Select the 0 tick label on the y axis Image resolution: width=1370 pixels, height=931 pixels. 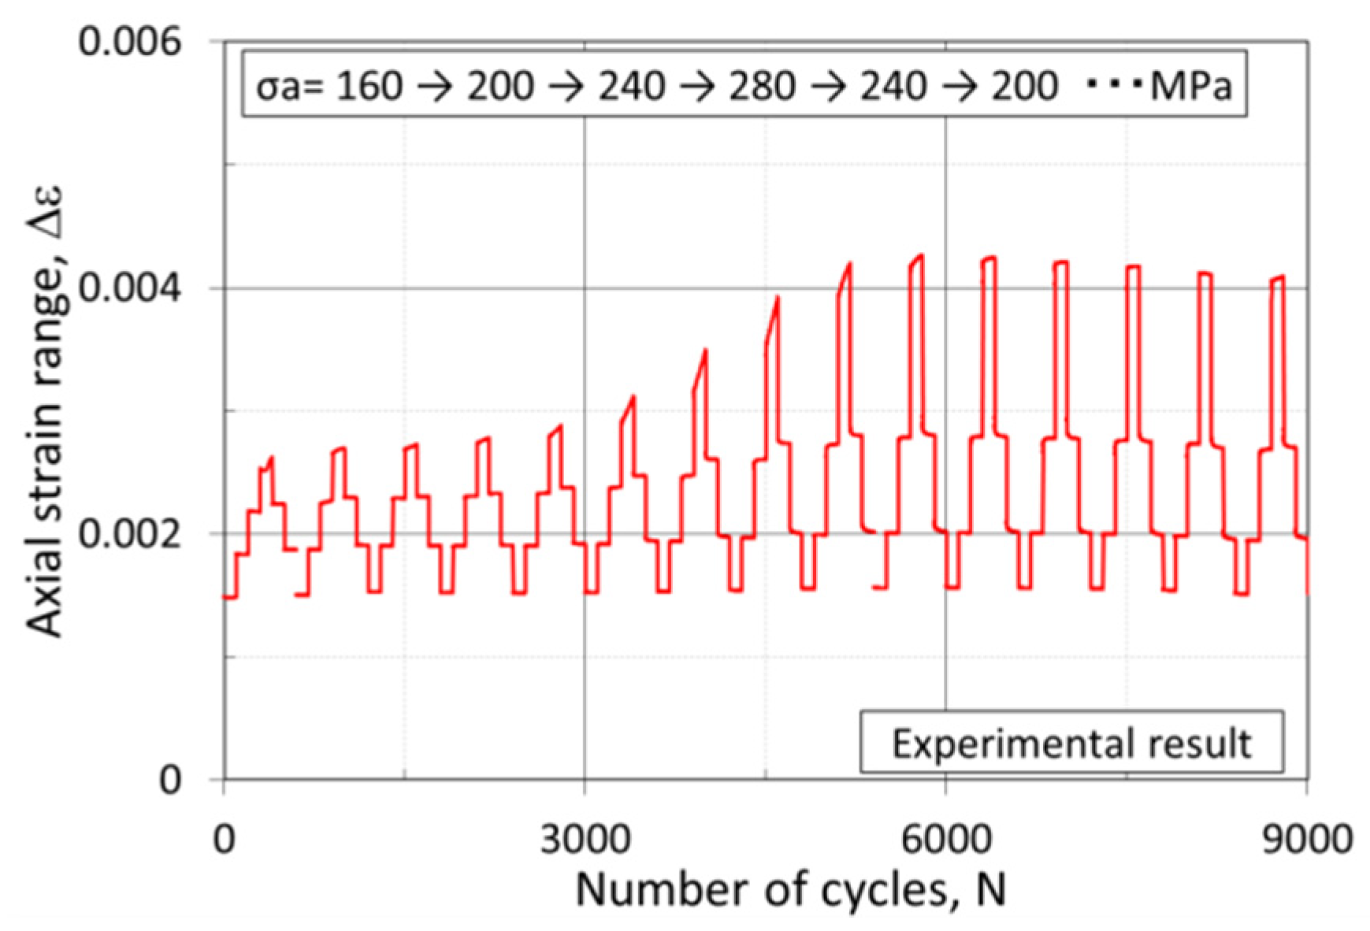(x=170, y=780)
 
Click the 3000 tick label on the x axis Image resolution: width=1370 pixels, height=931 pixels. (x=585, y=840)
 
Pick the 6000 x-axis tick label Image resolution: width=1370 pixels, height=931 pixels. (x=945, y=840)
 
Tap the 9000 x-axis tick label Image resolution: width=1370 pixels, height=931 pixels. (x=1305, y=840)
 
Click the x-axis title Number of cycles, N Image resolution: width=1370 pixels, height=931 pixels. (x=791, y=891)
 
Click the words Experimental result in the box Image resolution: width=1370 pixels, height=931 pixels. (x=1071, y=744)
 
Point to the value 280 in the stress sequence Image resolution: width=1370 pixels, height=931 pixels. (x=761, y=85)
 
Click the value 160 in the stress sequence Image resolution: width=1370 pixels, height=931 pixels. (x=369, y=85)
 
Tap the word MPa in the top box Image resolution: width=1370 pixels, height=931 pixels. (x=1190, y=85)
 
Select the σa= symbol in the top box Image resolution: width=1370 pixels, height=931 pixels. (x=288, y=85)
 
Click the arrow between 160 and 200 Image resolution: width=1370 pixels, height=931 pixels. (x=434, y=85)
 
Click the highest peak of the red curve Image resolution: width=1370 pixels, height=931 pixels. (x=921, y=255)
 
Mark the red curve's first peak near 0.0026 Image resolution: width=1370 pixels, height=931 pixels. (x=272, y=458)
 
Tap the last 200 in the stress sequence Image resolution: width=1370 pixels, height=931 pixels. (x=1023, y=85)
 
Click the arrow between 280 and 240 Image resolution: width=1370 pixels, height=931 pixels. (x=827, y=85)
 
